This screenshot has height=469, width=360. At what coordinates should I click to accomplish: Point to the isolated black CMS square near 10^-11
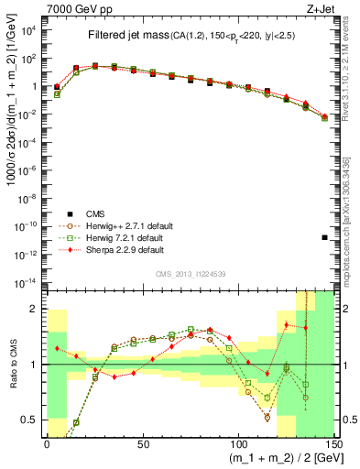(325, 237)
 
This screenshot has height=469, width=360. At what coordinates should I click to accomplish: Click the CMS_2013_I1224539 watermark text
(191, 272)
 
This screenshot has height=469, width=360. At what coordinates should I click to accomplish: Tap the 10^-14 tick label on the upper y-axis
(27, 280)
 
